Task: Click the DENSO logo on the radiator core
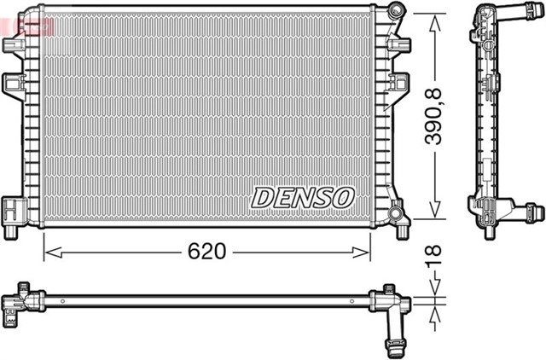tap(302, 197)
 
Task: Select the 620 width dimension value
tap(207, 252)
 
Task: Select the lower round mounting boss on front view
tap(394, 212)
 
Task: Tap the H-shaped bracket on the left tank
tap(12, 207)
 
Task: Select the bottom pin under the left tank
tap(11, 231)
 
